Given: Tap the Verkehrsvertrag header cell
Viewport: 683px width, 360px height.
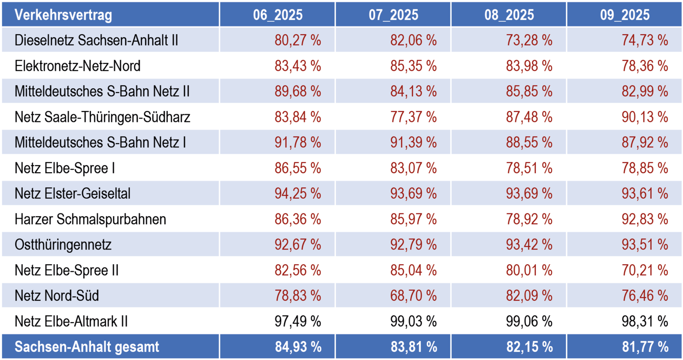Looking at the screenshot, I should tap(64, 15).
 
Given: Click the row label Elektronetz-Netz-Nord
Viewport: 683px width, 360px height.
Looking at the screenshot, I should tap(78, 65).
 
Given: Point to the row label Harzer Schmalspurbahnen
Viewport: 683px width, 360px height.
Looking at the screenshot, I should tap(91, 219).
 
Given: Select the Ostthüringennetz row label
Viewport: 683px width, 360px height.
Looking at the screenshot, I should tap(63, 245).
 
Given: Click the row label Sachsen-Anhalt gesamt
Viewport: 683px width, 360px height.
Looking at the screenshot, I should tap(87, 347).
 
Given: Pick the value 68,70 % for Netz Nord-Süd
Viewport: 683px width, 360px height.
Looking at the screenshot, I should tap(413, 296).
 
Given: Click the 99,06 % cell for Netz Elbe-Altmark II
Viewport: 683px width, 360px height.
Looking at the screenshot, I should tap(529, 322).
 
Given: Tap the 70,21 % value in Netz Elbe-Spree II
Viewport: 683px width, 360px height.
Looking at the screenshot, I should tap(645, 270).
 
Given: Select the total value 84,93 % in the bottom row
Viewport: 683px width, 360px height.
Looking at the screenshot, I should tap(298, 347).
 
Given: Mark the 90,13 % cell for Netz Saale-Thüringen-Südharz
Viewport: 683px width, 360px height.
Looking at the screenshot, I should tap(645, 117).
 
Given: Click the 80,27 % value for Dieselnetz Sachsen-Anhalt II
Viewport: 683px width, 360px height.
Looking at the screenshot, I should tap(297, 40).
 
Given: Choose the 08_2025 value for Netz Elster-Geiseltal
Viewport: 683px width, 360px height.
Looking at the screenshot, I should tap(529, 194).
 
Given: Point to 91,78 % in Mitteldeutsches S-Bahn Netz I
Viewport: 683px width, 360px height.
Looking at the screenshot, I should tap(297, 142).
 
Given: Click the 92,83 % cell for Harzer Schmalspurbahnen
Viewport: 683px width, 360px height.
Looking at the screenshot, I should tap(645, 219).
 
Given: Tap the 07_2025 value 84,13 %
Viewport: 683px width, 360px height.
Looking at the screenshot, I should tap(413, 91).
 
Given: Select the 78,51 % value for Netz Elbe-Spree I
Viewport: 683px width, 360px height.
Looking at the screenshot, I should tap(529, 168).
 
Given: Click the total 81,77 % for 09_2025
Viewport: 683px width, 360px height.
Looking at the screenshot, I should tap(645, 347).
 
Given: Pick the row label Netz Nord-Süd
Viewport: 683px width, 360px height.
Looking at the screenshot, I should tap(57, 296).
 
